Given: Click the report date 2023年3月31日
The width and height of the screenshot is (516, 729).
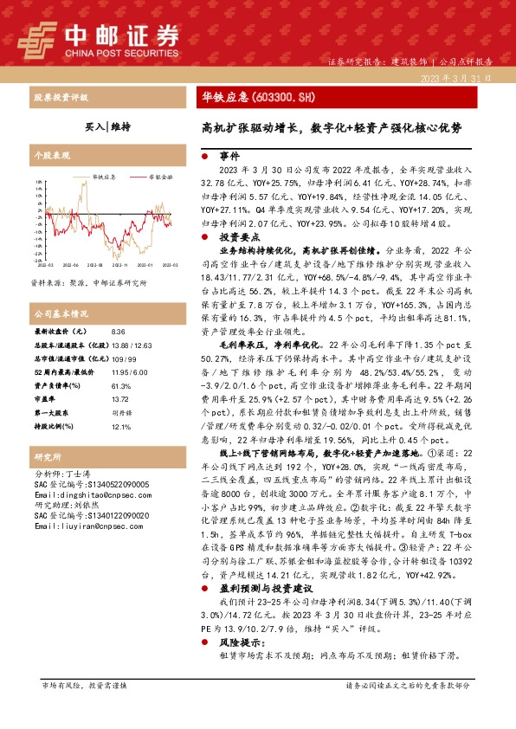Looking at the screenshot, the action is (x=464, y=78).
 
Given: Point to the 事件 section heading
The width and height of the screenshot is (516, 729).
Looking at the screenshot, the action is (x=229, y=157).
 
